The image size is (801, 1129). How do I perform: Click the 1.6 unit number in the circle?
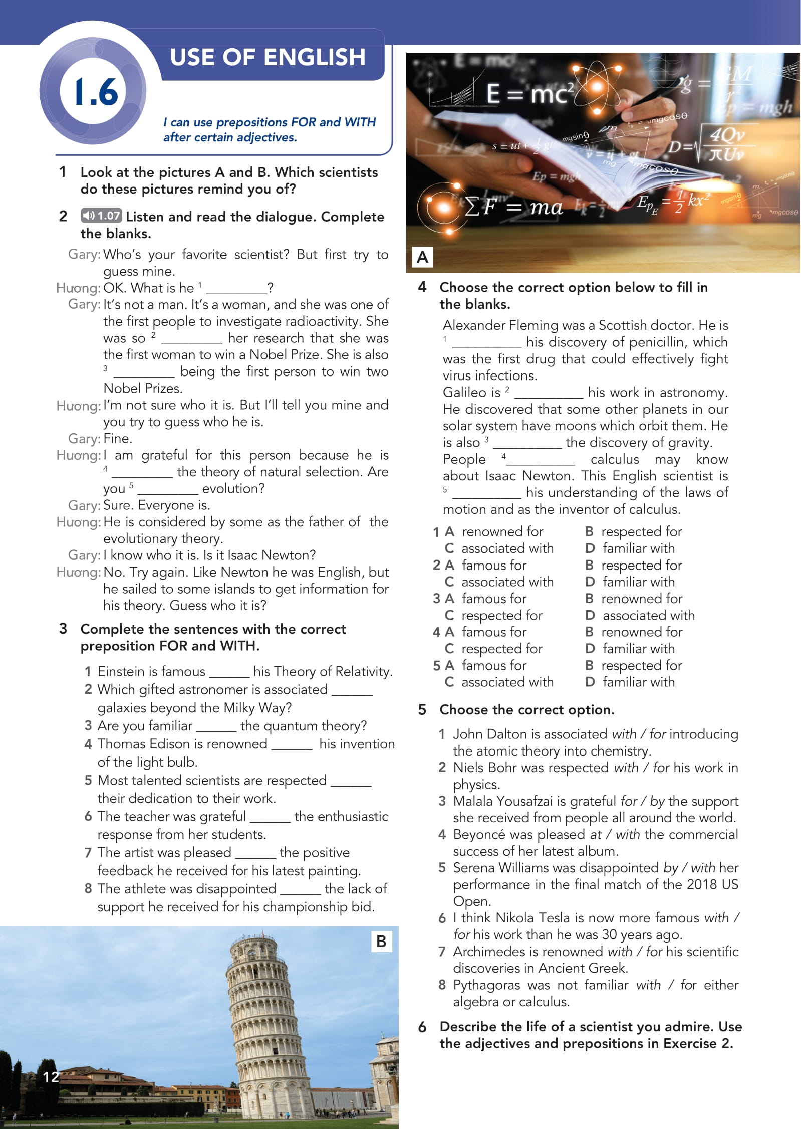[x=96, y=92]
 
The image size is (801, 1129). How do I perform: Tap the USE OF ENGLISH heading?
[x=268, y=57]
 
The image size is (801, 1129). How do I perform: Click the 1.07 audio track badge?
[x=101, y=216]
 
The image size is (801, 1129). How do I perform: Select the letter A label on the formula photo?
[x=422, y=257]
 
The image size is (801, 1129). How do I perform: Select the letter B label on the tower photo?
[x=381, y=941]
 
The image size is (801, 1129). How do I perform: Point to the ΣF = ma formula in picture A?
[x=513, y=207]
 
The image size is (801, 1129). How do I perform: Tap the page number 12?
[x=51, y=1077]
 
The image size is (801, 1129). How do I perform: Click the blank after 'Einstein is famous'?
[x=229, y=672]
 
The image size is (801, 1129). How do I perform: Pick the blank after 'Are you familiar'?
[x=216, y=726]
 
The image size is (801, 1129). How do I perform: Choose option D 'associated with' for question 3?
[x=648, y=615]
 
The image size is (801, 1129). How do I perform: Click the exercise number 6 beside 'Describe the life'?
[x=422, y=1027]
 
